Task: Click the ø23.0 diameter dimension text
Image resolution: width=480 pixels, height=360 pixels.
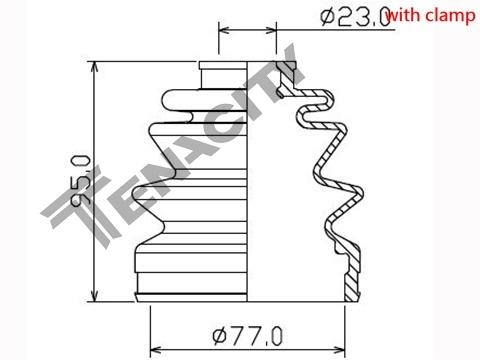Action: pyautogui.click(x=355, y=17)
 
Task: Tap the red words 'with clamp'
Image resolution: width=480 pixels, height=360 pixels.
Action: pyautogui.click(x=431, y=15)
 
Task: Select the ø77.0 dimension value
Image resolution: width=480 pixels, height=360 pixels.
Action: pyautogui.click(x=248, y=336)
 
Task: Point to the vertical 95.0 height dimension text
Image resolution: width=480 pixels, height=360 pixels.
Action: pyautogui.click(x=81, y=181)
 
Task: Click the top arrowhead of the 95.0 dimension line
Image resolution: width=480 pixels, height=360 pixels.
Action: pyautogui.click(x=95, y=66)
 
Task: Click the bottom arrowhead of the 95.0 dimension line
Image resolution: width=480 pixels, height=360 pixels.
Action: pyautogui.click(x=95, y=296)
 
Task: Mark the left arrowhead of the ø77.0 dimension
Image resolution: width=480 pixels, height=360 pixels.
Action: pyautogui.click(x=156, y=350)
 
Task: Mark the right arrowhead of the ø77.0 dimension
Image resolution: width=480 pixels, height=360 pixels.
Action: pyautogui.click(x=339, y=350)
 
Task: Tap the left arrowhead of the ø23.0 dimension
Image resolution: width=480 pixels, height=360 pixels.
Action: pyautogui.click(x=225, y=31)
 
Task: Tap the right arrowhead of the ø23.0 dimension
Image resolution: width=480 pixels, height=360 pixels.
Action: pyautogui.click(x=270, y=31)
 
